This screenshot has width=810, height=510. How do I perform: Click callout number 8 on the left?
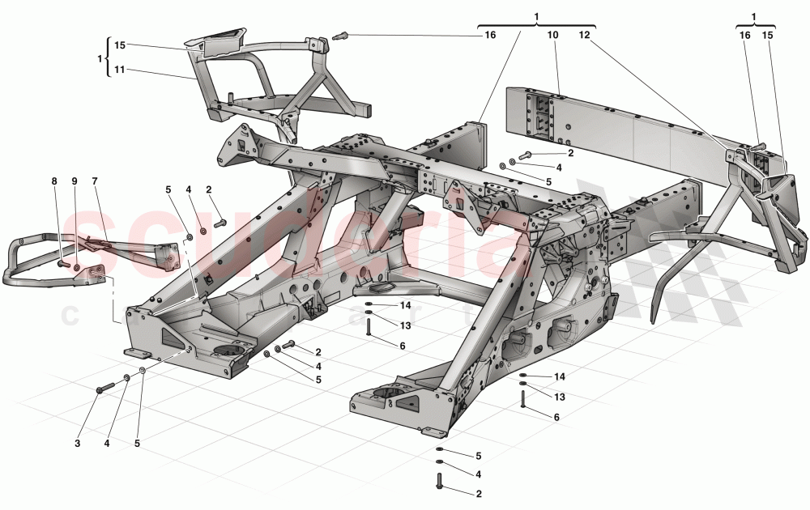(x=55, y=181)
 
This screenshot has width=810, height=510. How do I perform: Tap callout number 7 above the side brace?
(x=94, y=181)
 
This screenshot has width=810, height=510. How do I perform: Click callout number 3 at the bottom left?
(x=78, y=443)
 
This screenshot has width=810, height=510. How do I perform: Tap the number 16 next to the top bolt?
(x=490, y=35)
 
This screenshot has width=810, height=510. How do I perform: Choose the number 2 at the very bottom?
(x=479, y=493)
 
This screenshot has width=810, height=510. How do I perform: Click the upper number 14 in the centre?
(x=406, y=305)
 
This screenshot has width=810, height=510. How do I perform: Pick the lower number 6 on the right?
(x=556, y=417)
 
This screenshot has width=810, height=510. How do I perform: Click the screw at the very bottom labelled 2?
(x=440, y=481)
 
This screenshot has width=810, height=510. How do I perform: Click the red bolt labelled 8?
(x=63, y=262)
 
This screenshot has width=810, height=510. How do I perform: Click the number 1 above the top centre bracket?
(x=536, y=16)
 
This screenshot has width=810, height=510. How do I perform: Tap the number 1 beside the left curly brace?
(x=100, y=58)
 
